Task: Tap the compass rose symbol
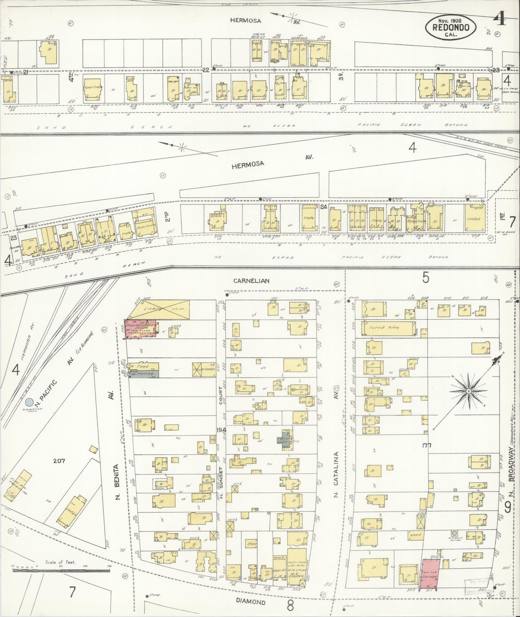[x=469, y=391]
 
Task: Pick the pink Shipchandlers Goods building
[x=141, y=328]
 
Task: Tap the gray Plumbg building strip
[x=143, y=374]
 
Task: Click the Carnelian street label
[x=251, y=281]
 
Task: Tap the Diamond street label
[x=251, y=602]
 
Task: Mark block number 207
[x=59, y=461]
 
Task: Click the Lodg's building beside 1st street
[x=474, y=217]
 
